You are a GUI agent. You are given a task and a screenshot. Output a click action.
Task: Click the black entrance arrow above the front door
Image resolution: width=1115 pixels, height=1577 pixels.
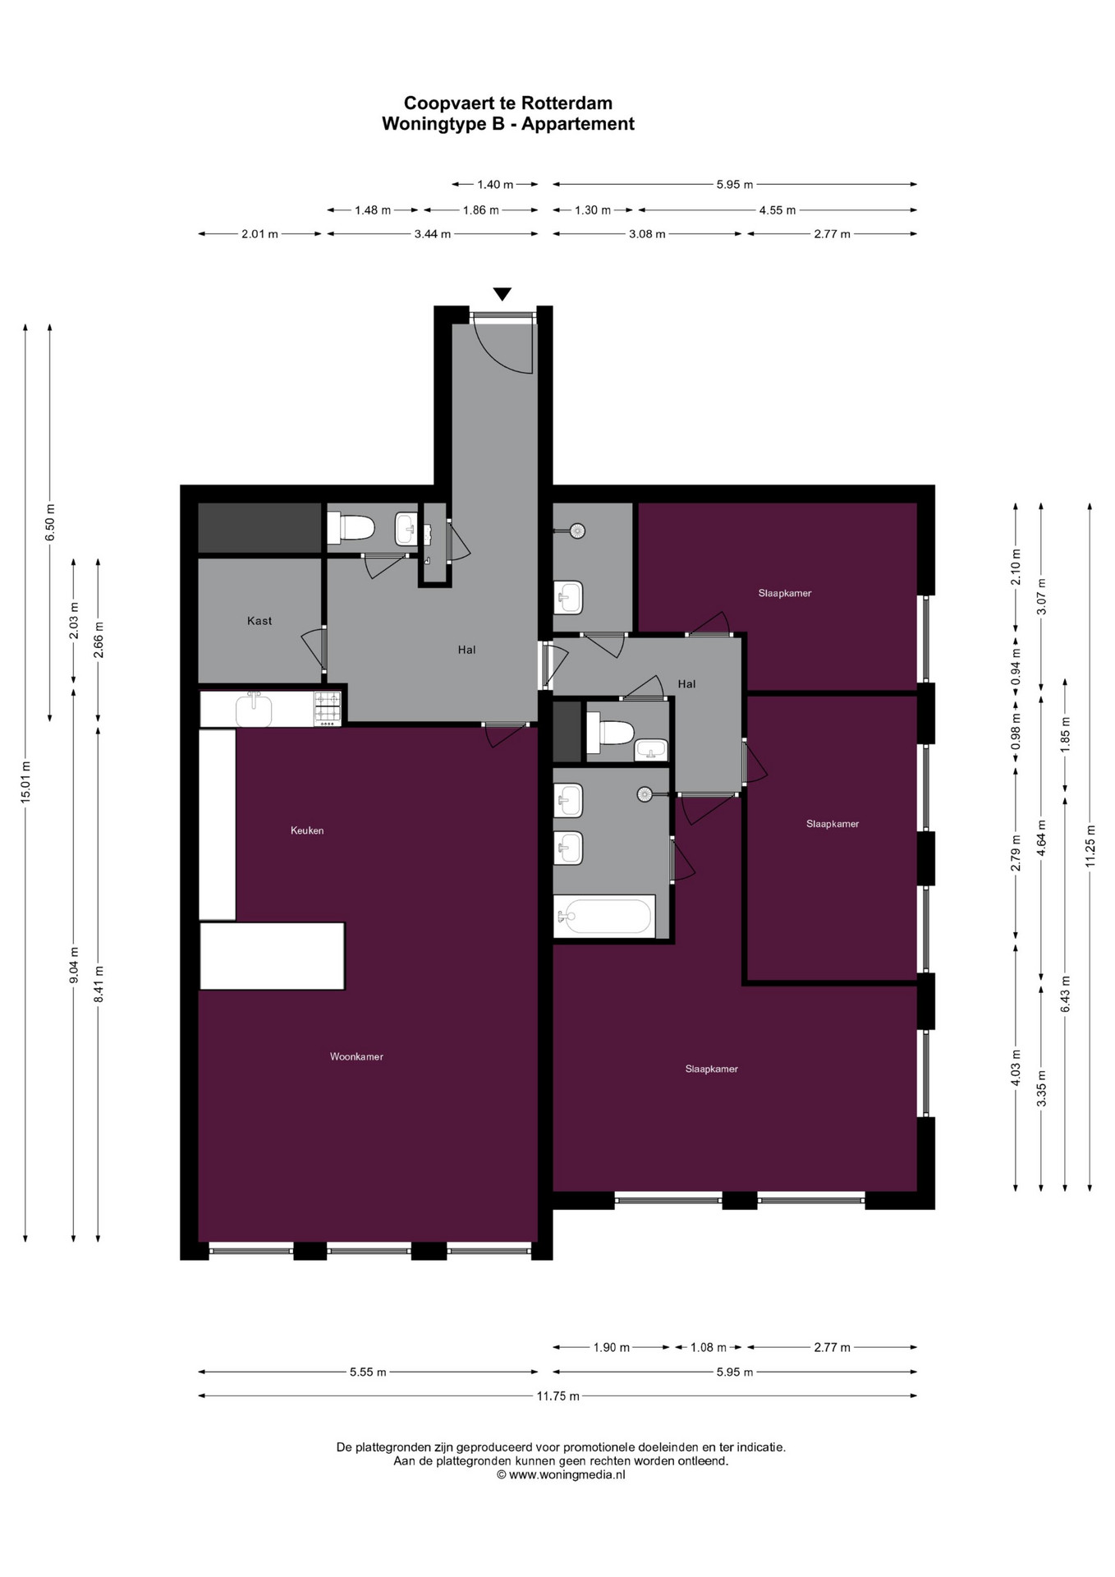coord(502,294)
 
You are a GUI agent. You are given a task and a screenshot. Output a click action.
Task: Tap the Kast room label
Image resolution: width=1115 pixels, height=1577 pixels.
coord(259,621)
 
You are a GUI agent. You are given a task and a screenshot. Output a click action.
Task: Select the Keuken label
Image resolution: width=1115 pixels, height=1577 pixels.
coord(307,830)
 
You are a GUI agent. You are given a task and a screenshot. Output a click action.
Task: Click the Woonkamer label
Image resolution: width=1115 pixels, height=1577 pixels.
coord(356,1056)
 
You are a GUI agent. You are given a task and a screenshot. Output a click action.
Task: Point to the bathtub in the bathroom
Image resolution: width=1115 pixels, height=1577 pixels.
coord(604,916)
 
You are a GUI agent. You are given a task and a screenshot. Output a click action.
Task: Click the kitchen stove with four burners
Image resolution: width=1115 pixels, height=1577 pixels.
coord(328,709)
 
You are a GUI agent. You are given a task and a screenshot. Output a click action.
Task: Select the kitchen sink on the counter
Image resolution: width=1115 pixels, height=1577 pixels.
coord(254,710)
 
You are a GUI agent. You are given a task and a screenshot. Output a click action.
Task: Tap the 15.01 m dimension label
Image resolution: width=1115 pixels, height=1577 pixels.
coord(25,781)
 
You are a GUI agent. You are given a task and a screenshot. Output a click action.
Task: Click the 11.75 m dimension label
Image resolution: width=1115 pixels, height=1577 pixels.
coord(558,1395)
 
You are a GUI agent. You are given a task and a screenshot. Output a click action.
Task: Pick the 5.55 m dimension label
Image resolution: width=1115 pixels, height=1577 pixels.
coord(368,1372)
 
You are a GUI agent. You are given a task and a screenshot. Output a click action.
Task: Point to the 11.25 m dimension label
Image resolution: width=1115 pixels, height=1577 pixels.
coord(1090,845)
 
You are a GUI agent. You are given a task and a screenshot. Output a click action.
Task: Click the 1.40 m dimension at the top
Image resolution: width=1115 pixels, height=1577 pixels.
coord(495,185)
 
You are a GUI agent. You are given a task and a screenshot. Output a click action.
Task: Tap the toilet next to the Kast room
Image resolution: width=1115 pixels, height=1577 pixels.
coord(351,527)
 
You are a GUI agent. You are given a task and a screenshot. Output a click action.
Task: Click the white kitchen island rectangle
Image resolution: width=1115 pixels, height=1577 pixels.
coord(273,956)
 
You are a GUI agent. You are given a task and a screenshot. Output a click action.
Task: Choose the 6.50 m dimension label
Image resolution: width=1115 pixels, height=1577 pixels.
coord(50,522)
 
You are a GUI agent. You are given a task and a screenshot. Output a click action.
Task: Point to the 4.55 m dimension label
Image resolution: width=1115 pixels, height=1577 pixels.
coord(777,210)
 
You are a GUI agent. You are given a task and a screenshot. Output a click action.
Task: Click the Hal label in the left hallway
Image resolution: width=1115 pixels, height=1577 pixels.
coord(466,650)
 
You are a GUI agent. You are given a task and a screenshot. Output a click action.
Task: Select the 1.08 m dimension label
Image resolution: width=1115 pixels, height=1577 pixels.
coord(709,1347)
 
